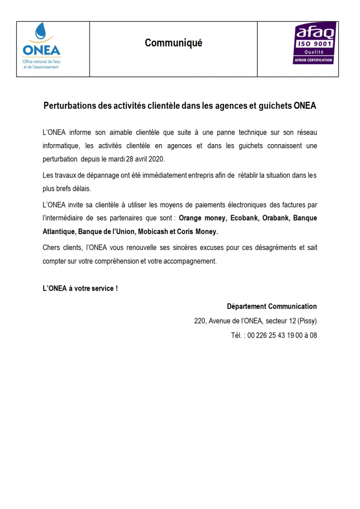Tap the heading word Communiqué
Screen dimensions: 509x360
[174, 43]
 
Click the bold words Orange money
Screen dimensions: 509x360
[202, 218]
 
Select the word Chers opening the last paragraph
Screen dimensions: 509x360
[52, 247]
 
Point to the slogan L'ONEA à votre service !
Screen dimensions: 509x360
[80, 289]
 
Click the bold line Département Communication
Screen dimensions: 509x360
[272, 306]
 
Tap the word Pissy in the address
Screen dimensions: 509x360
[308, 321]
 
